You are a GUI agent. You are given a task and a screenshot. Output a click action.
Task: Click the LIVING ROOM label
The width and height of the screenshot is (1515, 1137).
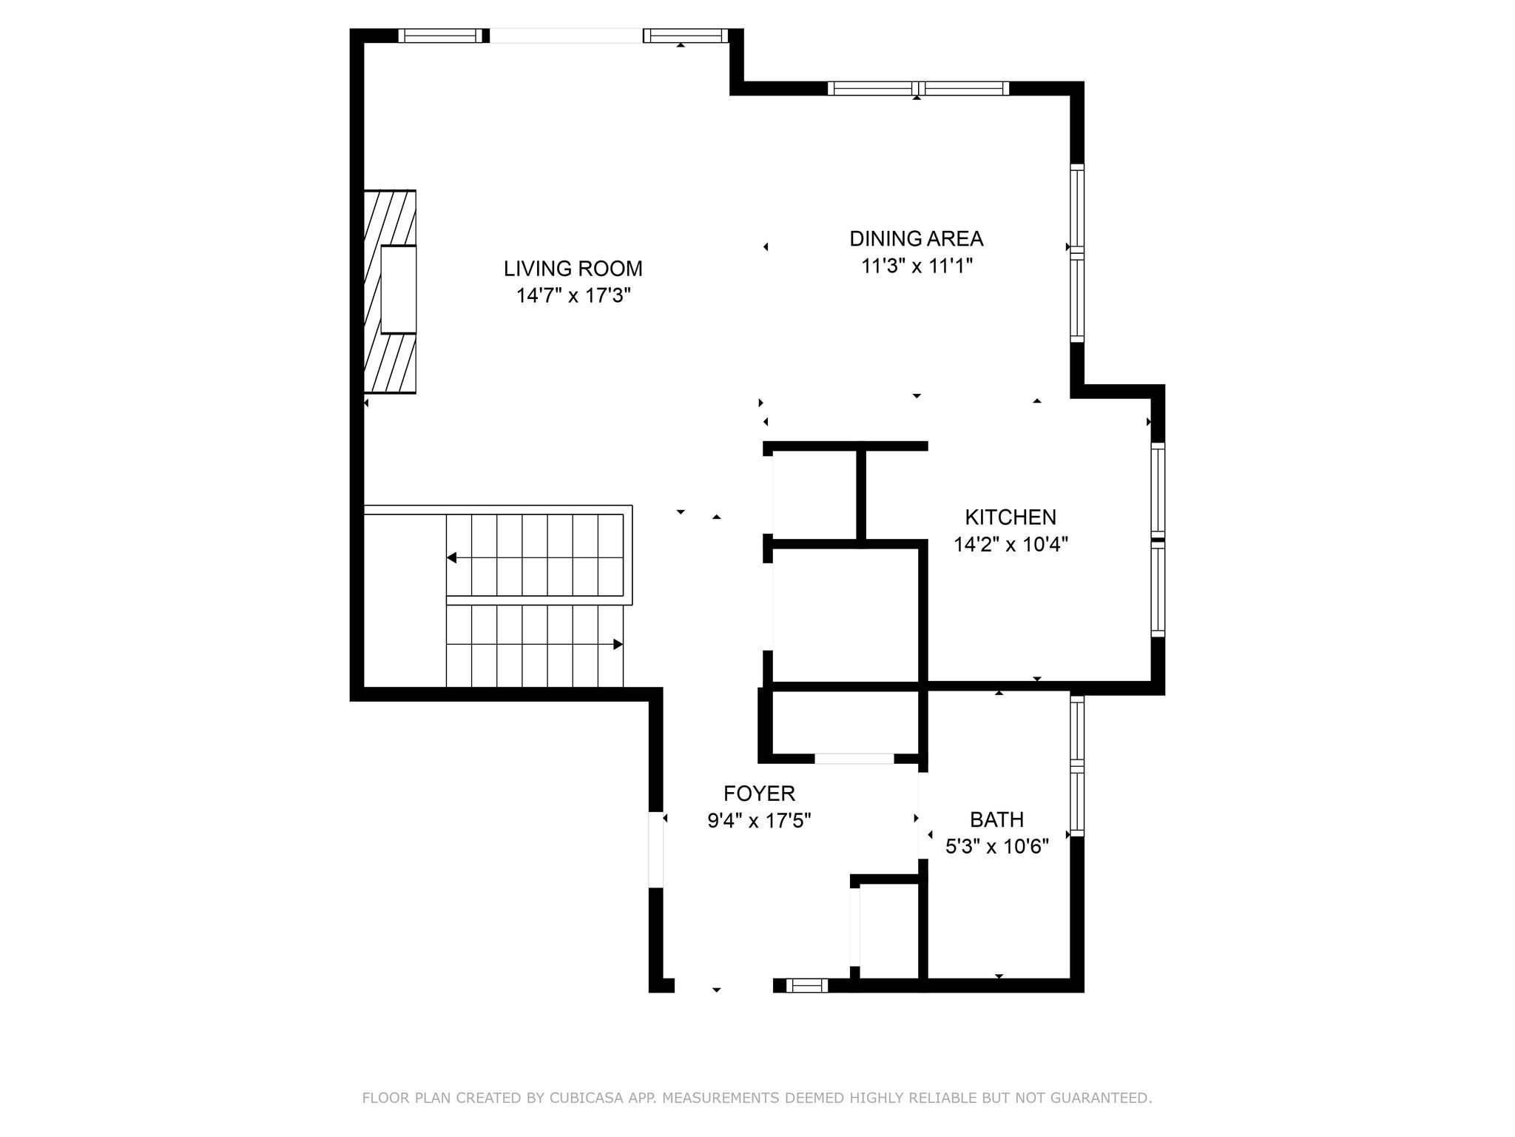pos(573,268)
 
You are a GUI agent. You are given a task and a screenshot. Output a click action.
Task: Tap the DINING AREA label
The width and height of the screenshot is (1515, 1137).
pos(916,238)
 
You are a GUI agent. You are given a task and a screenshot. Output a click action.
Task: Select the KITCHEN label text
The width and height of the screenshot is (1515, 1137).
pos(1010,517)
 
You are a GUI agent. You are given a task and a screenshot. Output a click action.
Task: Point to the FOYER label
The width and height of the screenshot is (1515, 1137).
pos(759,794)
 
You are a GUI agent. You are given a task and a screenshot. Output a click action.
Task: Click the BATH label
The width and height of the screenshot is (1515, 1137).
pos(996,819)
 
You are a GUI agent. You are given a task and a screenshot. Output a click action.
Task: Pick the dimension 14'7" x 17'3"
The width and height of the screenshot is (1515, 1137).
pos(573,296)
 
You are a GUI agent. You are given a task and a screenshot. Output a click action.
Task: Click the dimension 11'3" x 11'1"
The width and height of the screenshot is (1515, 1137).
pos(917,266)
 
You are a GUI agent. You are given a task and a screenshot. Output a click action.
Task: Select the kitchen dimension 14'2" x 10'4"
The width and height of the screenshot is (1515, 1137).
pos(1010,545)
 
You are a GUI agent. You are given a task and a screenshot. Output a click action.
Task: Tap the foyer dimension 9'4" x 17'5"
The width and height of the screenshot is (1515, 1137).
pos(759,821)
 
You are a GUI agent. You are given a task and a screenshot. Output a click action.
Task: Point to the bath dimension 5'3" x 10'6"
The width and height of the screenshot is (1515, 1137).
pos(997,846)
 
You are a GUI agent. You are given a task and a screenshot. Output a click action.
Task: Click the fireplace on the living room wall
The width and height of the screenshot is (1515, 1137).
pos(390,292)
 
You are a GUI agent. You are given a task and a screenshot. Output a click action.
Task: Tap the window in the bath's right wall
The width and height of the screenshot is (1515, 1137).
pos(1077,766)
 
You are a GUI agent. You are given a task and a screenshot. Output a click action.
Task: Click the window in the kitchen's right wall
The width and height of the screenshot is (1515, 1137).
pos(1158,540)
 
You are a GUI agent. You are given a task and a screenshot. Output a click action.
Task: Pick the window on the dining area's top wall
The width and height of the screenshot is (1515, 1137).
pos(918,88)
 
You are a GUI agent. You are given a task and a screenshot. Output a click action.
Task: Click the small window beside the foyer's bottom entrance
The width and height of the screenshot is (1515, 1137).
pos(806,985)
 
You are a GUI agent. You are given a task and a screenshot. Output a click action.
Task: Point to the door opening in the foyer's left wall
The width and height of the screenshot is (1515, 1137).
pos(656,850)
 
